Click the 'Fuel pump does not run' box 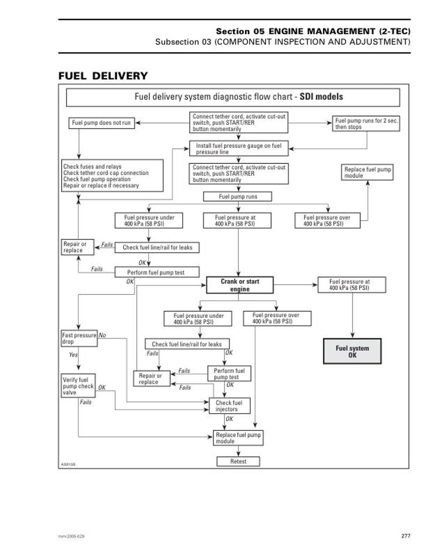point(101,123)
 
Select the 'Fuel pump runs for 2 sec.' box point(366,124)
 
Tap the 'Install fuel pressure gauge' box point(238,149)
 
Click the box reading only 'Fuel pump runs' point(238,197)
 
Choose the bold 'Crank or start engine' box point(240,285)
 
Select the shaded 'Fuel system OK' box point(352,352)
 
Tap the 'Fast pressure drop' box point(79,338)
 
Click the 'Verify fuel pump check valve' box point(78,386)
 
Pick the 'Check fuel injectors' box point(229,406)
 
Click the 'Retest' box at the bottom point(238,461)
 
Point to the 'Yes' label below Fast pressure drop point(73,355)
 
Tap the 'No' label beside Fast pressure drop point(102,335)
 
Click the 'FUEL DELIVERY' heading point(102,76)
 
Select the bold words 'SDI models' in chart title point(321,97)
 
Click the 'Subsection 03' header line point(283,42)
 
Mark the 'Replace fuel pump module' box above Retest point(238,438)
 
